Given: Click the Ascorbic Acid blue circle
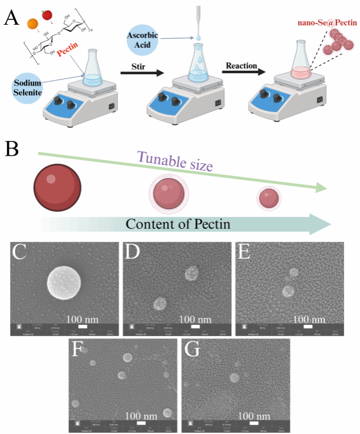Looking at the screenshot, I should coord(142,40).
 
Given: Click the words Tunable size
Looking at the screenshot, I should coord(174,160).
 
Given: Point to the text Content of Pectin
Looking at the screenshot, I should coord(178,224).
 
